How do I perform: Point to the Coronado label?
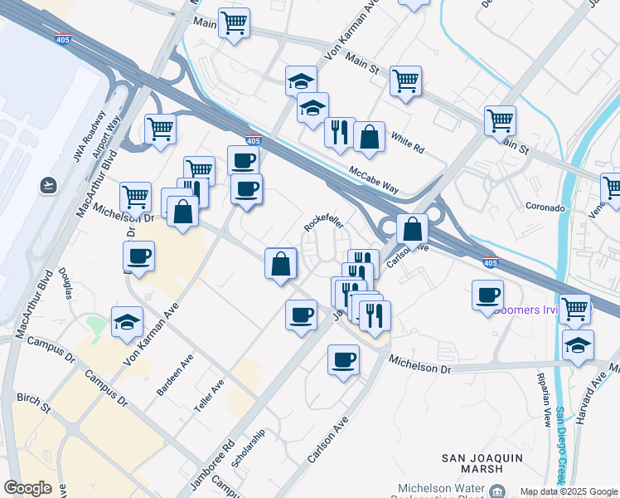coord(545,207)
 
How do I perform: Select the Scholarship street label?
coord(248,448)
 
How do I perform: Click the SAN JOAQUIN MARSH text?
coord(483,463)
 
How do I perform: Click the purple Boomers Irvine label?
coord(530,310)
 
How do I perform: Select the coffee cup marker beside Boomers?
coord(487,295)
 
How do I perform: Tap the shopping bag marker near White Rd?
coord(369,136)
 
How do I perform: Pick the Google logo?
coord(27,488)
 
